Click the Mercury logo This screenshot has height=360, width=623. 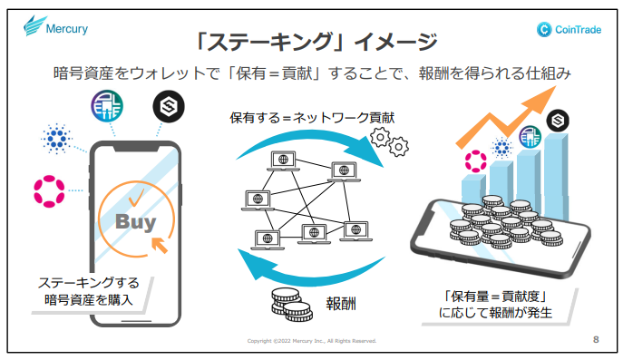(x=55, y=26)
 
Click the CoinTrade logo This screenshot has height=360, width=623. (x=569, y=29)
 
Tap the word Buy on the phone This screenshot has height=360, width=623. (x=135, y=222)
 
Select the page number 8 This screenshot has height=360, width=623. (x=596, y=339)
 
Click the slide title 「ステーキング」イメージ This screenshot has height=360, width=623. (x=316, y=42)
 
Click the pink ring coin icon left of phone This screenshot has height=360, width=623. (x=49, y=191)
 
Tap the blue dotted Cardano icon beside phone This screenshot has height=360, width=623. (x=57, y=138)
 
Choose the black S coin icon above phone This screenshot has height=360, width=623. (x=169, y=106)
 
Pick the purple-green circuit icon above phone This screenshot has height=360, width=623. (x=107, y=106)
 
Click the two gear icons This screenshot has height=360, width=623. (x=389, y=141)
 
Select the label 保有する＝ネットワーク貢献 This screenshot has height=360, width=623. (x=312, y=118)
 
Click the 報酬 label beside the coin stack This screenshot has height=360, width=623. (x=341, y=304)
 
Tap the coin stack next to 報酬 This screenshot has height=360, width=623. (x=292, y=305)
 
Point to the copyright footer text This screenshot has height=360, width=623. (x=312, y=341)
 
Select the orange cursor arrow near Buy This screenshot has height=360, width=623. (x=160, y=245)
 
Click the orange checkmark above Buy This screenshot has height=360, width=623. (x=136, y=198)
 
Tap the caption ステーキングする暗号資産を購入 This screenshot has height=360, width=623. (x=89, y=291)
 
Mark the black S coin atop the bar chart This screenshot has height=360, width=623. (x=558, y=121)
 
